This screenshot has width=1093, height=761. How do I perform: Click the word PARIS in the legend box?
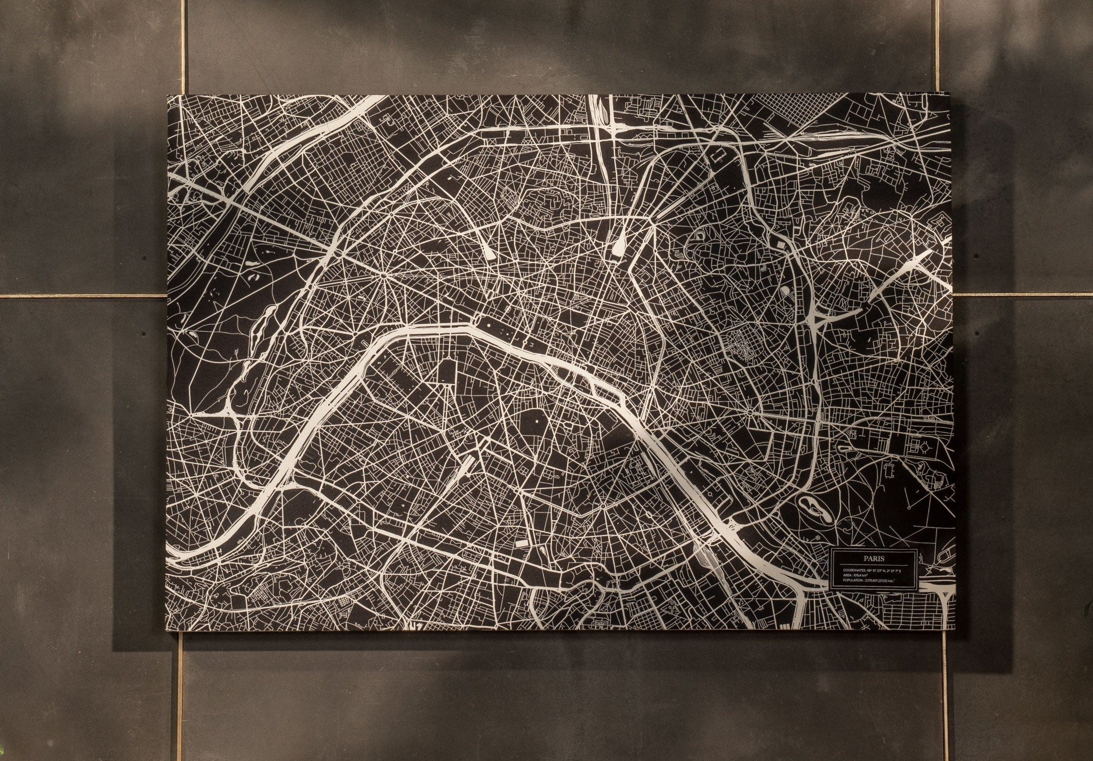(x=874, y=558)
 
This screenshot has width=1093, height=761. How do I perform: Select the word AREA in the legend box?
(x=848, y=575)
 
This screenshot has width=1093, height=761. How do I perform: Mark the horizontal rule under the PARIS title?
(x=874, y=564)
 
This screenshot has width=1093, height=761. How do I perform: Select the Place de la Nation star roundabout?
(x=750, y=413)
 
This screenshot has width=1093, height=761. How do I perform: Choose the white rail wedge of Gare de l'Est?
(x=617, y=246)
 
